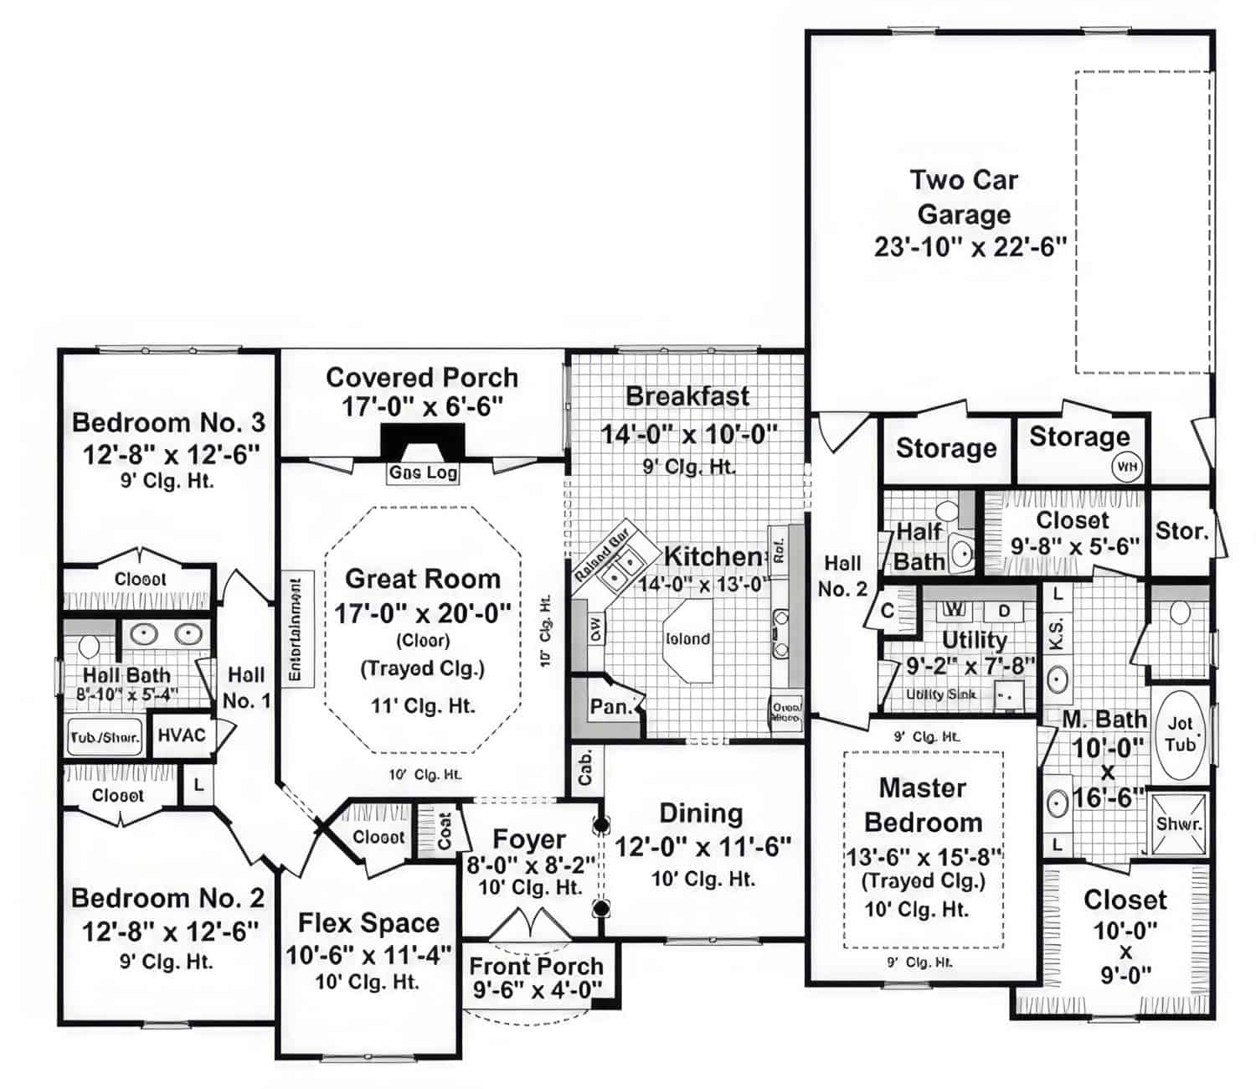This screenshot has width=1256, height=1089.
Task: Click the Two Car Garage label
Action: [964, 197]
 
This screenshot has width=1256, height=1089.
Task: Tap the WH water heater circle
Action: [1127, 467]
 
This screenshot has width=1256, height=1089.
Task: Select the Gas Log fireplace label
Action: [423, 472]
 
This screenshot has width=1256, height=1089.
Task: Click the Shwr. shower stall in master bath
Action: [1179, 823]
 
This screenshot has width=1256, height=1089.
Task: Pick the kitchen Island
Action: [687, 640]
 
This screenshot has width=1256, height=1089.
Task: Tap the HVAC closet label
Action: [182, 735]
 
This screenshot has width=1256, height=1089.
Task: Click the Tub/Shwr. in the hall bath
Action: [104, 738]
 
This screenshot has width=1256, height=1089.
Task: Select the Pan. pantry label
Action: [610, 707]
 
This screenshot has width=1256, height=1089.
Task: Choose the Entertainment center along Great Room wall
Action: [296, 627]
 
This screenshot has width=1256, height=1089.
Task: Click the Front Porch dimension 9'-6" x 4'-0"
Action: [537, 990]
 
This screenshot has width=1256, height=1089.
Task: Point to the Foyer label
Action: [529, 839]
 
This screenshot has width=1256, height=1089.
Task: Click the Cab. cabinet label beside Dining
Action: [585, 767]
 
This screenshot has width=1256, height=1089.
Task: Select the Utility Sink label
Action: [941, 694]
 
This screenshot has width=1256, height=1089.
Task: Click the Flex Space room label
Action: [368, 923]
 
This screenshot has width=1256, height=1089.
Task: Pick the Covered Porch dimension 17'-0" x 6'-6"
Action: [422, 406]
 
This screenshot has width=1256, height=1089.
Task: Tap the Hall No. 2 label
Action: [842, 576]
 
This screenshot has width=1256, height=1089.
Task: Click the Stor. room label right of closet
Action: [1181, 530]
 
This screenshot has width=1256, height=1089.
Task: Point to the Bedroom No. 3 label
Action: [168, 422]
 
